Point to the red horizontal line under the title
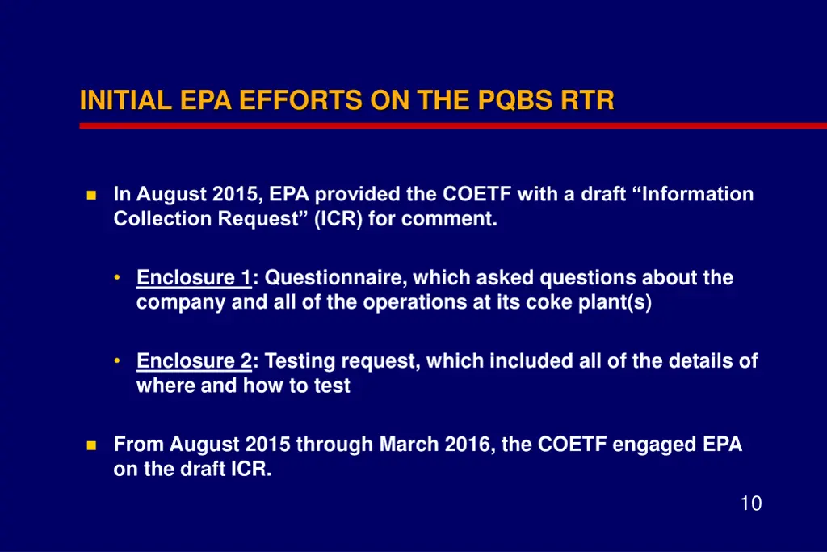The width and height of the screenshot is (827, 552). click(452, 125)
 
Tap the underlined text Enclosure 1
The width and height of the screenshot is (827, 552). click(194, 278)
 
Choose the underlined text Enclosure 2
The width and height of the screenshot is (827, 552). click(194, 360)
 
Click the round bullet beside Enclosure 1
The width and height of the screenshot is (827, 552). click(118, 277)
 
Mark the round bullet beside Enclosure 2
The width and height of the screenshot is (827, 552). click(118, 360)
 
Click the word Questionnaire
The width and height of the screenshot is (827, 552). click(337, 278)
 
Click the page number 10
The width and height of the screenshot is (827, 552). click(750, 504)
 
